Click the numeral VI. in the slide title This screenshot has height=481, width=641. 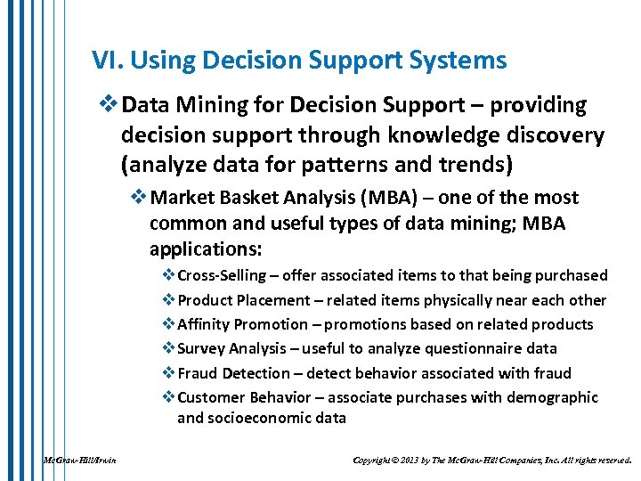tap(106, 61)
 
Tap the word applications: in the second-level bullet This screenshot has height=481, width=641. tap(202, 247)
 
